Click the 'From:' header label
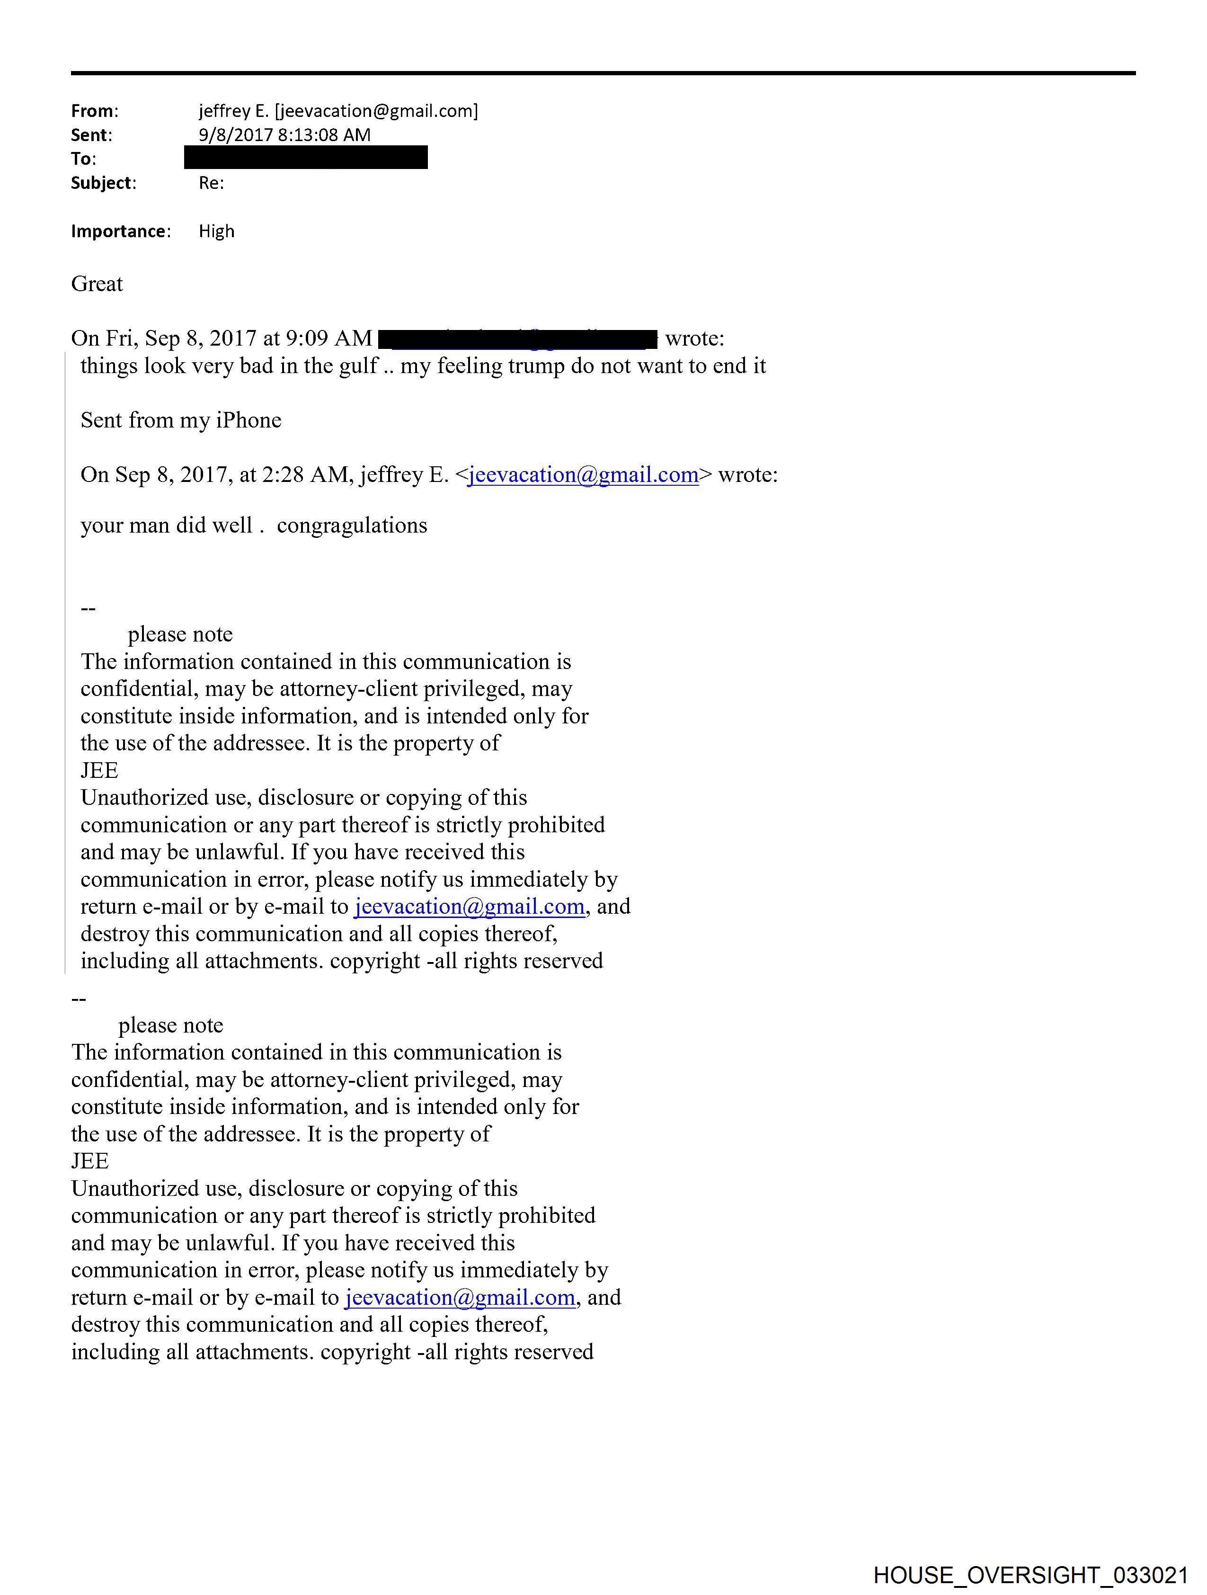pyautogui.click(x=94, y=111)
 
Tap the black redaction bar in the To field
pyautogui.click(x=306, y=157)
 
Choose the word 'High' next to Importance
pyautogui.click(x=216, y=232)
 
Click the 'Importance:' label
pyautogui.click(x=120, y=232)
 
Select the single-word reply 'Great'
pyautogui.click(x=97, y=284)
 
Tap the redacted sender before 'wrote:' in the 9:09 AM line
pyautogui.click(x=517, y=338)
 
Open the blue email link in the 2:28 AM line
pyautogui.click(x=583, y=475)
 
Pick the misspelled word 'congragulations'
pyautogui.click(x=352, y=526)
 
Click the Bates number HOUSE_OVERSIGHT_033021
pyautogui.click(x=1030, y=1575)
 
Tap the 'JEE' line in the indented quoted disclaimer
pyautogui.click(x=99, y=771)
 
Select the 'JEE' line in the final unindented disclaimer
pyautogui.click(x=90, y=1162)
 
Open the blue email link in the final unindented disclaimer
pyautogui.click(x=460, y=1298)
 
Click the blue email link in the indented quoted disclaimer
pyautogui.click(x=470, y=906)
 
